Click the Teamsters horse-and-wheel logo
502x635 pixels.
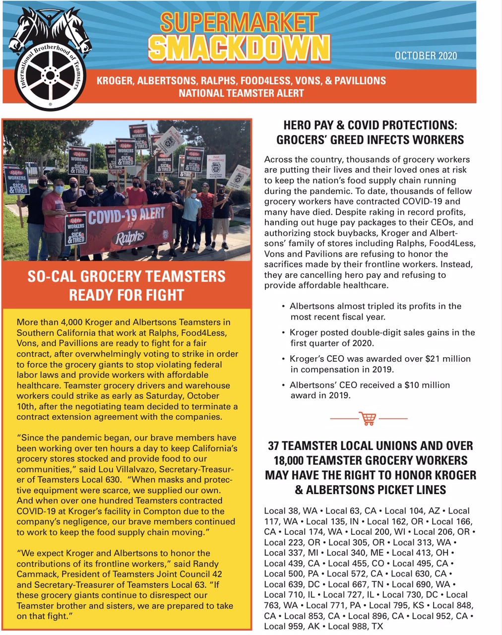[50, 60]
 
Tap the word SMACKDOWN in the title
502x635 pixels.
[239, 49]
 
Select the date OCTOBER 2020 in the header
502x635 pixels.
[426, 56]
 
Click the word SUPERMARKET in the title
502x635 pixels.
[239, 22]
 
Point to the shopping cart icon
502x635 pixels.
[368, 418]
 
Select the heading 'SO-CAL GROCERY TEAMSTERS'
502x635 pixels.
[126, 276]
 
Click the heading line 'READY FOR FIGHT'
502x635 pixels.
[126, 295]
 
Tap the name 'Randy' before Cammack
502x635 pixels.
[204, 564]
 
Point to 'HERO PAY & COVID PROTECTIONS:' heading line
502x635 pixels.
[370, 125]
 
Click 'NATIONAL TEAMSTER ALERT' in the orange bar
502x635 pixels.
[241, 93]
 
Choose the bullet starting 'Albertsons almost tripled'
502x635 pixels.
[375, 306]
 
